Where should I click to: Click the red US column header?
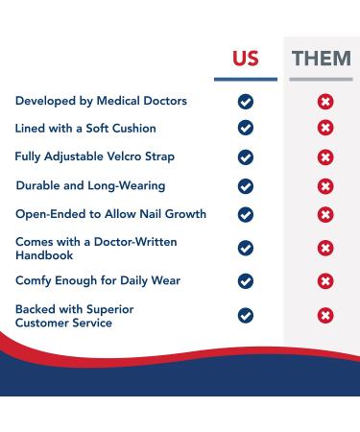246,59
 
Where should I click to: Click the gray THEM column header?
322,59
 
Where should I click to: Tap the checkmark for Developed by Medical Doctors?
246,101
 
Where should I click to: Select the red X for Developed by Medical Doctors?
325,101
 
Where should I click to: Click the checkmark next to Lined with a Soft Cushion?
246,128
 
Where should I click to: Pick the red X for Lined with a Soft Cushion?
325,128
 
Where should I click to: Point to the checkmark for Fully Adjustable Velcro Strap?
246,156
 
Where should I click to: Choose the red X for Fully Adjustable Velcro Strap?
325,156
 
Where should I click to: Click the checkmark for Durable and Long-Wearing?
246,185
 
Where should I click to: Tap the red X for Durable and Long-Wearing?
325,185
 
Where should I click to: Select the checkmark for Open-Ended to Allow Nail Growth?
246,213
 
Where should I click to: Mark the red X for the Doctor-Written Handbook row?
325,248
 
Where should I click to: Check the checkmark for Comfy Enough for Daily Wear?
246,280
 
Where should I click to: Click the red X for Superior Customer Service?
325,314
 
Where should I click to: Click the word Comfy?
36,280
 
